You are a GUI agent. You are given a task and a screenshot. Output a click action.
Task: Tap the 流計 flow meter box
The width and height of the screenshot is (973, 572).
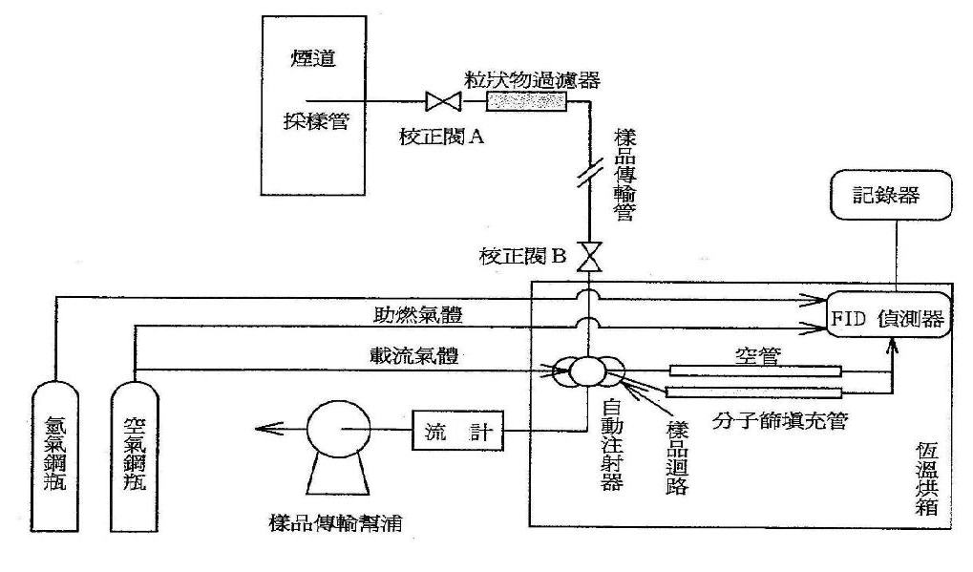coord(455,434)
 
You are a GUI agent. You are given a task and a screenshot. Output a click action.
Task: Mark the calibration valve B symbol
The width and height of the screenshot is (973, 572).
coord(591,256)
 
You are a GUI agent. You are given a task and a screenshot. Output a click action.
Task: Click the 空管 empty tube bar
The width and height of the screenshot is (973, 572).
coord(755,371)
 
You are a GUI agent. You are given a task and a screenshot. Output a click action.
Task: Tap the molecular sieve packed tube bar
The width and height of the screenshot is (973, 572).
coord(753,392)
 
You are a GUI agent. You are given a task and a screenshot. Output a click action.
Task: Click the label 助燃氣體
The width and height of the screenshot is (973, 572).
coord(412,313)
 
